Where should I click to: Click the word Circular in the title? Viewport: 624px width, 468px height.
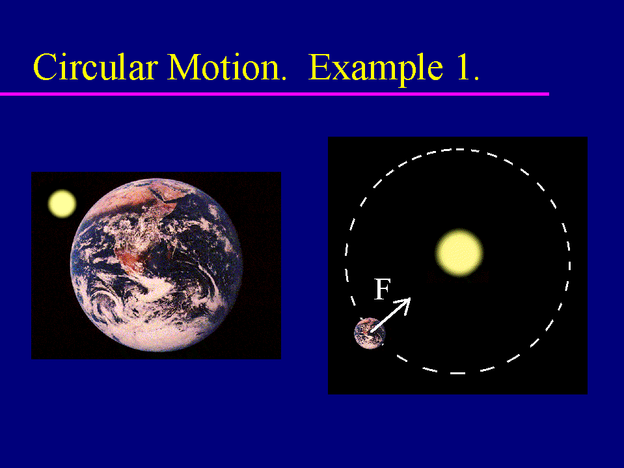(96, 66)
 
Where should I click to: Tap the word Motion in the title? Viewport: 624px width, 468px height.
(224, 66)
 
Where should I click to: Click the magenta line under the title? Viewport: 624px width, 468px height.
(275, 94)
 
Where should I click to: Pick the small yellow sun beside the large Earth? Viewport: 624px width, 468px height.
(62, 203)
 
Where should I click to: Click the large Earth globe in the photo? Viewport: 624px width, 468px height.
(156, 265)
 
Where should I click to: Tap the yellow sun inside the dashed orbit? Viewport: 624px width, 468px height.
(459, 253)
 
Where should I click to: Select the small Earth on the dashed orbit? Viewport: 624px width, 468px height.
(370, 333)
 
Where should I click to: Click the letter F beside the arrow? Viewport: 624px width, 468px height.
(383, 289)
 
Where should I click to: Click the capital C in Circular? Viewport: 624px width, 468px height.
(45, 67)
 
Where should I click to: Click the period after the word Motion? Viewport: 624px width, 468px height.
(283, 77)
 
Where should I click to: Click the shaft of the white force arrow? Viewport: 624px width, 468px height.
(388, 316)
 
